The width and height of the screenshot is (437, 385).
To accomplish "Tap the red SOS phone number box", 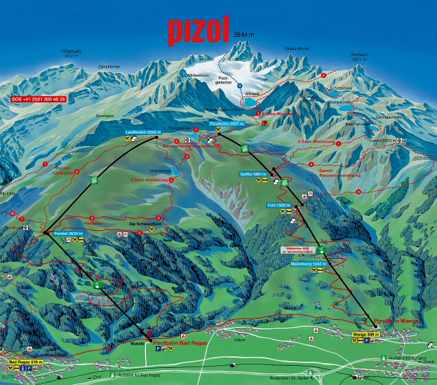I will click(38, 99).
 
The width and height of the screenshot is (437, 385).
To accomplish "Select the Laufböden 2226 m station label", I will click(137, 131).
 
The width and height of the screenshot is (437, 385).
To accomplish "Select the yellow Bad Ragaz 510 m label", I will click(26, 361).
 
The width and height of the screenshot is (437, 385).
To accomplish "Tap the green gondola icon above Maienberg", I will click(321, 250).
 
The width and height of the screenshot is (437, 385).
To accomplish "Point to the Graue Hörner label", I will click(296, 49).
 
